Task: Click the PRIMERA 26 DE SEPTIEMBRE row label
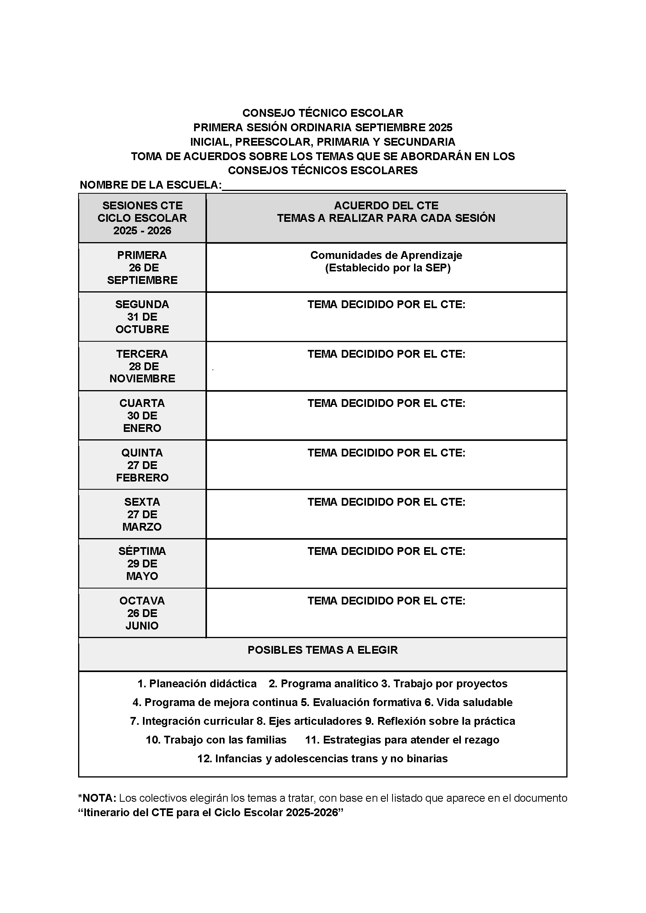(x=142, y=267)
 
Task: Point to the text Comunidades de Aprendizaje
(x=386, y=255)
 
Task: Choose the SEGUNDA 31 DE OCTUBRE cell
(x=142, y=317)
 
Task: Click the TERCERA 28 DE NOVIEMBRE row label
(x=142, y=366)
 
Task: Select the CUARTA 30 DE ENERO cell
(x=142, y=415)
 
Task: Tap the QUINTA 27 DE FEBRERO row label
(x=142, y=465)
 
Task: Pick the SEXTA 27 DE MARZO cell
(x=142, y=515)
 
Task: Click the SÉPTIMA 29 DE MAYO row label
(x=142, y=564)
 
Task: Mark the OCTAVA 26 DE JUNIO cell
(x=142, y=613)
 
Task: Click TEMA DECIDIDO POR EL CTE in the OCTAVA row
(x=386, y=601)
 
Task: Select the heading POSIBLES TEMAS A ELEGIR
(x=323, y=650)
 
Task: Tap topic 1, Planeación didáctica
(x=197, y=684)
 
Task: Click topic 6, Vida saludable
(x=469, y=703)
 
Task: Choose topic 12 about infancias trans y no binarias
(x=323, y=759)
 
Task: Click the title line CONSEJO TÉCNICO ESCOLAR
(x=323, y=113)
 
